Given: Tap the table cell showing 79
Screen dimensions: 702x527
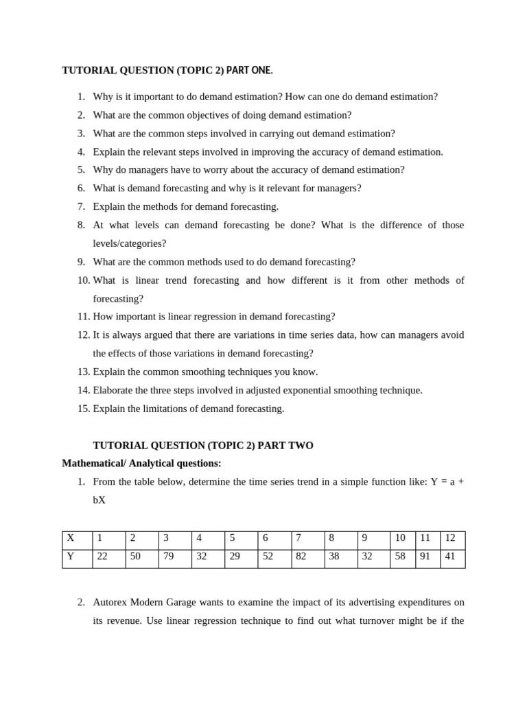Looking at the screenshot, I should [175, 557].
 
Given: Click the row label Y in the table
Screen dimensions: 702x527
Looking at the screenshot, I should [71, 557].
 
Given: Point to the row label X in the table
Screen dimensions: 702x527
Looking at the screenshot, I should [71, 538].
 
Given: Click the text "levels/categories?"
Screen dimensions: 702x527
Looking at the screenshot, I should [130, 243].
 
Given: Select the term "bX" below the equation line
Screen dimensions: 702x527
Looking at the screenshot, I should [99, 500].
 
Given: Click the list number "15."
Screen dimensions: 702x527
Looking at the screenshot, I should [84, 409].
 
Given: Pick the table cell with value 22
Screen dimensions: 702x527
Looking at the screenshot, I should [109, 557].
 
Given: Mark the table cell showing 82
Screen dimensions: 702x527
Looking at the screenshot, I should [308, 557].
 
